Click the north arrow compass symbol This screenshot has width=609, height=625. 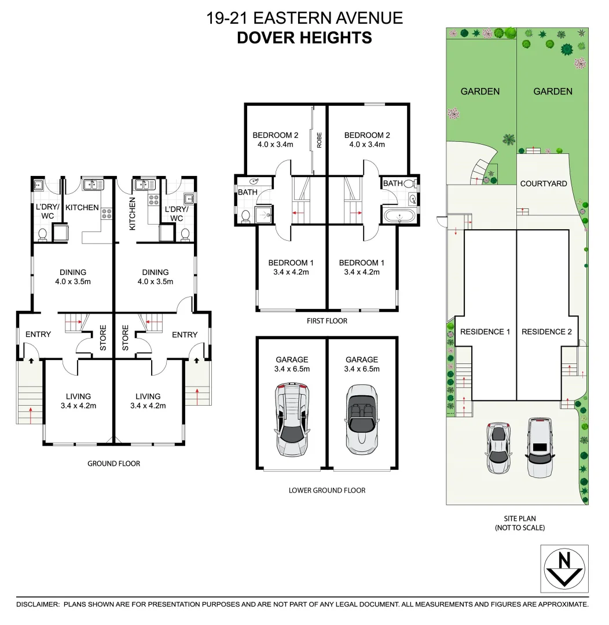pos(564,568)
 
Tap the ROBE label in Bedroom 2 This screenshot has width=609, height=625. pos(319,141)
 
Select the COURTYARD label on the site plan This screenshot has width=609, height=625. pos(544,183)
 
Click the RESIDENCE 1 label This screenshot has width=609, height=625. pos(485,332)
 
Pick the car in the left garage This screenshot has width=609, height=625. pos(292,420)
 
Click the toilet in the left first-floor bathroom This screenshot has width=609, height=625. pos(245,216)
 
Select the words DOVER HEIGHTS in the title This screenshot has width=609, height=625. pos(304,38)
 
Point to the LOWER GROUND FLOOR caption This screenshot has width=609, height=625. pos(327,490)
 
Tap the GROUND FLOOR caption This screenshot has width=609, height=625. pos(113,464)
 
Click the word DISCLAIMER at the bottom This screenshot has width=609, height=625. pos(38,604)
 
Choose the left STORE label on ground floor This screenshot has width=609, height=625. pos(103,339)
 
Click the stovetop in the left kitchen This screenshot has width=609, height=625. pos(107,214)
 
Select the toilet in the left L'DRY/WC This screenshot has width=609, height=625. pos(42,234)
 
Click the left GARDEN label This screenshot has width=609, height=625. pos(480,91)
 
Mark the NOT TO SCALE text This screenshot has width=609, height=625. pos(519,528)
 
